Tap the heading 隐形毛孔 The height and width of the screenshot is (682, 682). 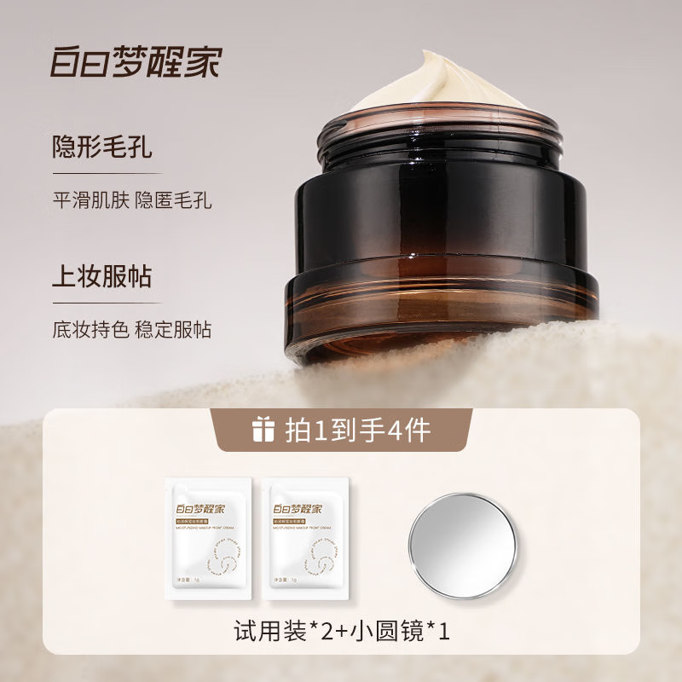pyautogui.click(x=101, y=146)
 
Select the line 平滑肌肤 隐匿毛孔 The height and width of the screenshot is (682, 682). pyautogui.click(x=131, y=201)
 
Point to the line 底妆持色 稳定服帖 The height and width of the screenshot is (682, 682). pyautogui.click(x=131, y=330)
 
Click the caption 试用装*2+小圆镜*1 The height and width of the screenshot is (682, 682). pyautogui.click(x=341, y=633)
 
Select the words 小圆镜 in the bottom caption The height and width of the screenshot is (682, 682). pyautogui.click(x=384, y=633)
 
